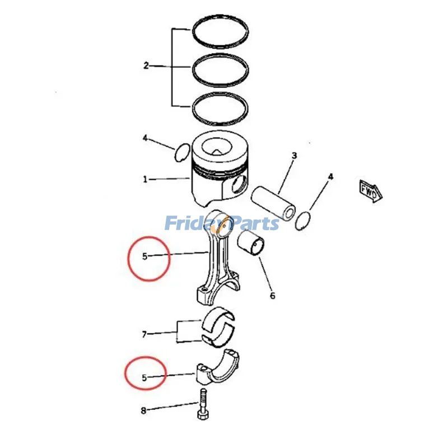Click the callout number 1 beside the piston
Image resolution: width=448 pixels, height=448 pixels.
[145, 179]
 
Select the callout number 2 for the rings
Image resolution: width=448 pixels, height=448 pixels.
[146, 66]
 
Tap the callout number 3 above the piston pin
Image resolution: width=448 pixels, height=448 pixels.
[294, 156]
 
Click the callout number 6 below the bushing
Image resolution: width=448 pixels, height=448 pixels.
[273, 295]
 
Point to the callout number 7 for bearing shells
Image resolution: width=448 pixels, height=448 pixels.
[144, 334]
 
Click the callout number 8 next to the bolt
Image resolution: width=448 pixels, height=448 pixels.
[143, 410]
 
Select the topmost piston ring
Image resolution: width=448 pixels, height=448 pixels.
[220, 32]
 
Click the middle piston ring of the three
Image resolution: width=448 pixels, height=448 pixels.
[220, 69]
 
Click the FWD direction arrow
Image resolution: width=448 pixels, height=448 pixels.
[370, 190]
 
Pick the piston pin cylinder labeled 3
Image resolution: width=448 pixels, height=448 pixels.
[273, 200]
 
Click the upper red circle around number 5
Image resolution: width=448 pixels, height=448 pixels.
[148, 258]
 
